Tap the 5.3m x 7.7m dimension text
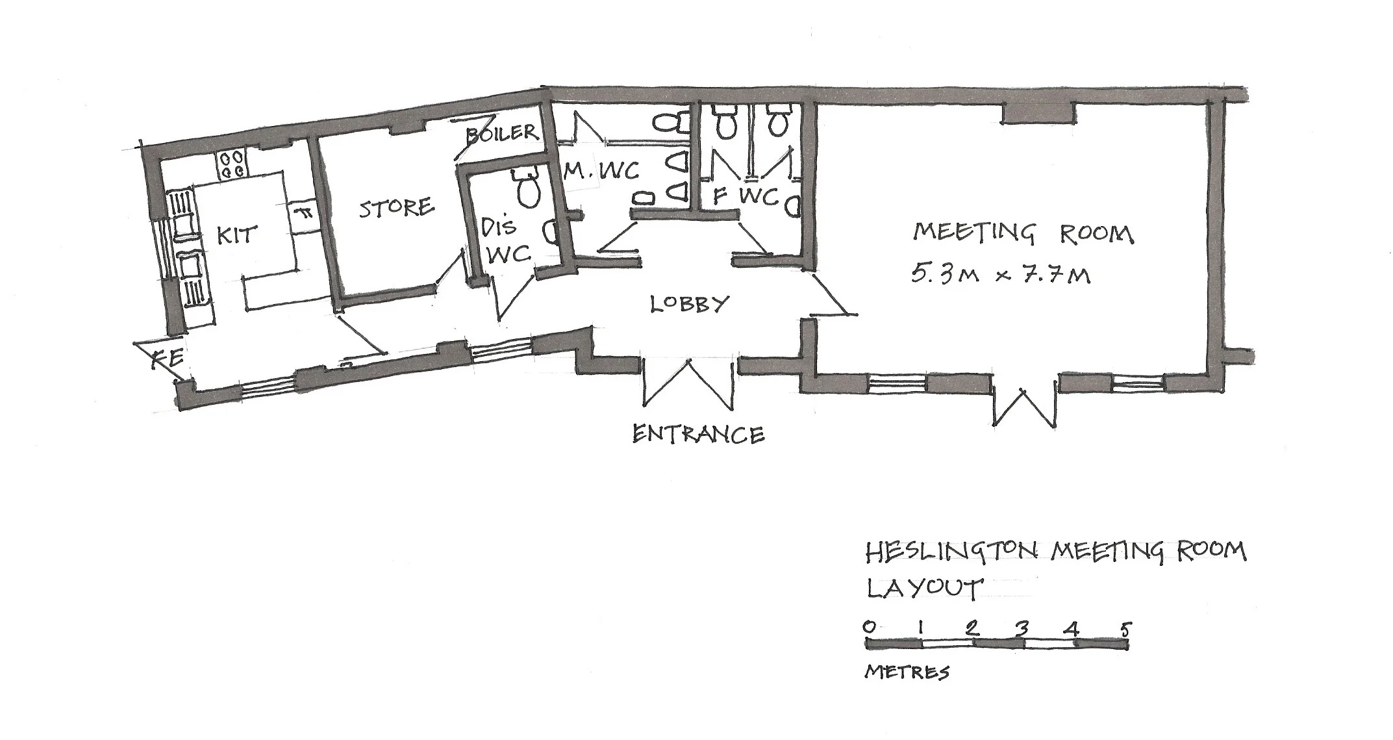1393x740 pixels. [1000, 275]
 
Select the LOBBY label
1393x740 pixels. [690, 303]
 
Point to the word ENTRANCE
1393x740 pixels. [698, 434]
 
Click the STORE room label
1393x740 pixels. [396, 208]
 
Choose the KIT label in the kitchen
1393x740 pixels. [236, 235]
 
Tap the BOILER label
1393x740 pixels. [502, 133]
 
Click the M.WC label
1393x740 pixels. [601, 171]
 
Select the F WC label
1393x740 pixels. [745, 196]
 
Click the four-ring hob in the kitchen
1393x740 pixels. [232, 164]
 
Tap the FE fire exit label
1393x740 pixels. [168, 359]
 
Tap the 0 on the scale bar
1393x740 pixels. [869, 626]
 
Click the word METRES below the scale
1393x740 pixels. [907, 672]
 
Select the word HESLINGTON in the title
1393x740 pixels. [955, 553]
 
